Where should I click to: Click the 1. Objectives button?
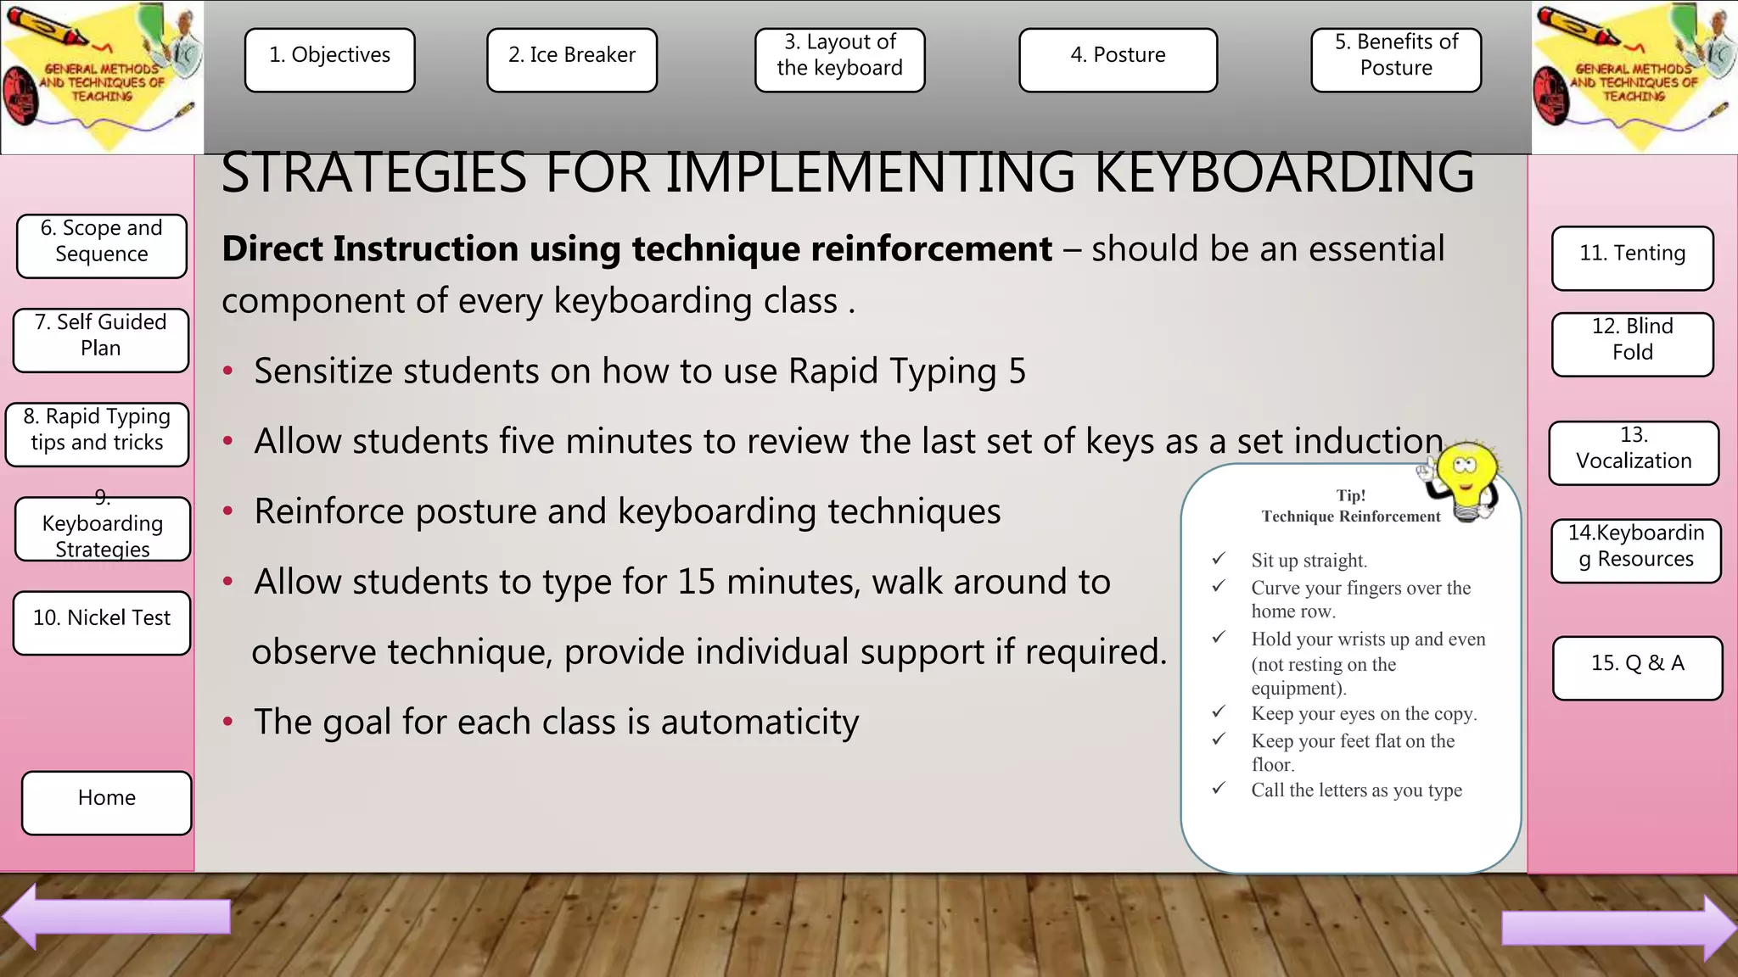pos(329,59)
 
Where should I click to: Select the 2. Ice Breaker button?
pos(571,59)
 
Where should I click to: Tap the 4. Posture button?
pos(1118,59)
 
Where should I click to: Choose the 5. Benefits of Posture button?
pos(1396,59)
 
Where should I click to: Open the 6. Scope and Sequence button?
pos(102,245)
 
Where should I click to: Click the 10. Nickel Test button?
pos(102,622)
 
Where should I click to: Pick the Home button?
pos(106,802)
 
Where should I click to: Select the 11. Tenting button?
pos(1632,258)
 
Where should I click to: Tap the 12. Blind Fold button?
pos(1632,343)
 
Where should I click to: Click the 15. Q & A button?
pos(1637,667)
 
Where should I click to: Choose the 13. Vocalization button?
pos(1634,453)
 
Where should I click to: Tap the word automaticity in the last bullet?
pos(760,723)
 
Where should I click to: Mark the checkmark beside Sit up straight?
pos(1219,559)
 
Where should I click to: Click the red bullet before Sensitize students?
pos(227,371)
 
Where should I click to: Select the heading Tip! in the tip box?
pos(1350,495)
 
